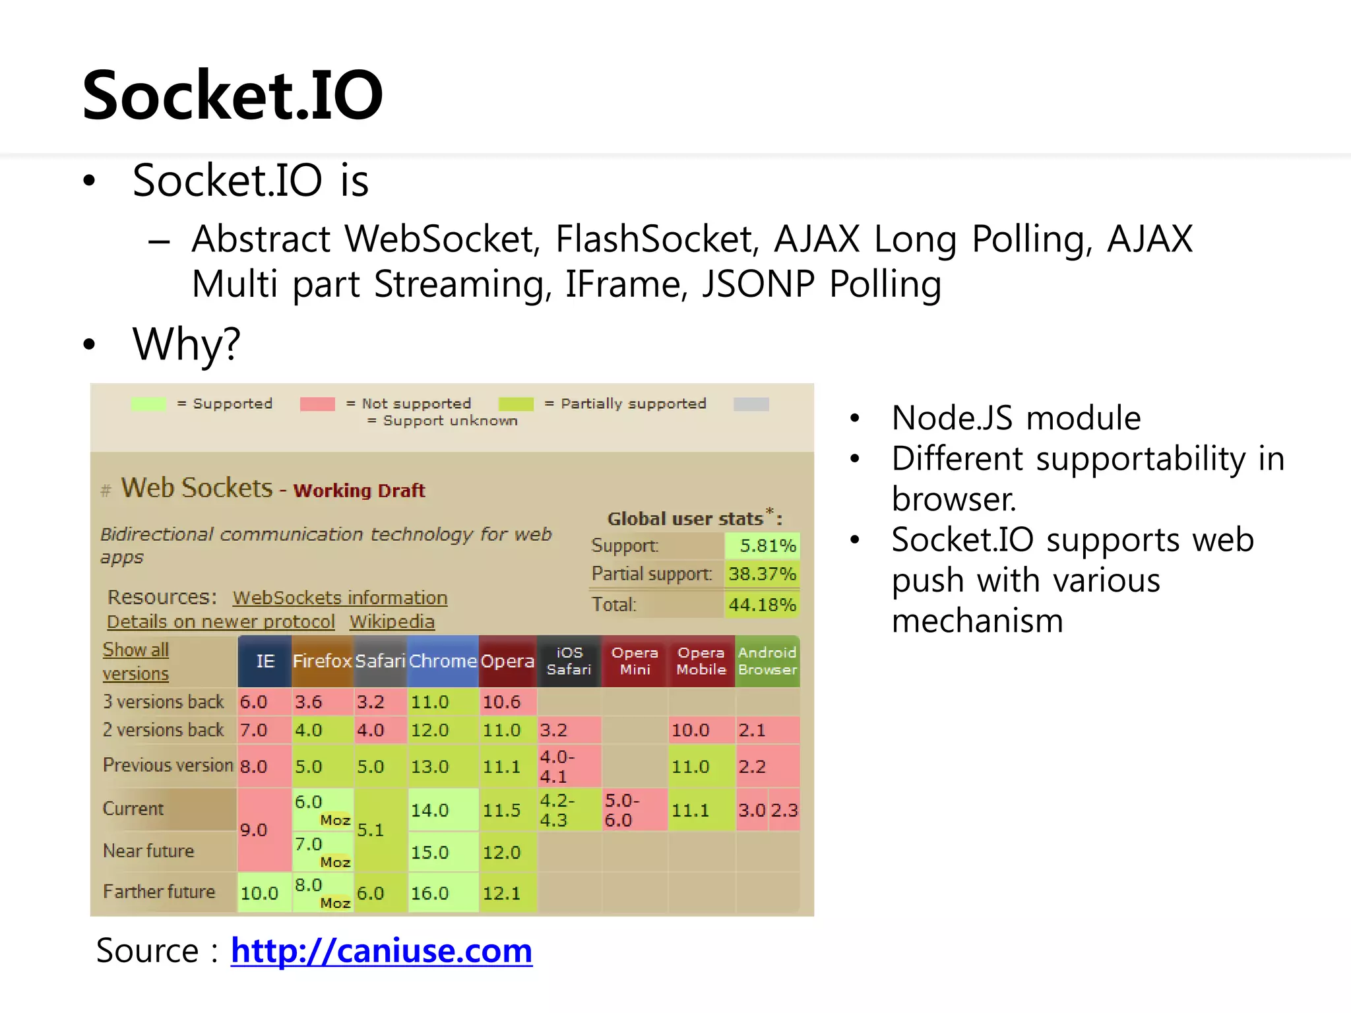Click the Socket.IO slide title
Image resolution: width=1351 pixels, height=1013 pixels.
tap(232, 96)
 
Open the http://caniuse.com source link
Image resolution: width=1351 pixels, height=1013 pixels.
tap(381, 950)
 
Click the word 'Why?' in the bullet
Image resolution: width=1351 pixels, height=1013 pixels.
tap(187, 344)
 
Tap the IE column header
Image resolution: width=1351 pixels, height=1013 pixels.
tap(265, 661)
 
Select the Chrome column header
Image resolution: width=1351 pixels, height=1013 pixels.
tap(443, 661)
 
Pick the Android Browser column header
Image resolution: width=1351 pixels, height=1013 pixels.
tap(767, 661)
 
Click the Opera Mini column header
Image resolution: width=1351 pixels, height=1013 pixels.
tap(635, 661)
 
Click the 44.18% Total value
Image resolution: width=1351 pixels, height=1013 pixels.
tap(763, 604)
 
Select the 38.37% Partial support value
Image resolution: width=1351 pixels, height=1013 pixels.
tap(763, 574)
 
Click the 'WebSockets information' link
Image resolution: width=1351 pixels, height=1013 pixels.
tap(340, 598)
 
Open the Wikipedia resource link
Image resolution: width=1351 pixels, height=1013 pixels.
tap(392, 621)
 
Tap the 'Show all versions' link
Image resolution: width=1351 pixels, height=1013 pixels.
tap(136, 661)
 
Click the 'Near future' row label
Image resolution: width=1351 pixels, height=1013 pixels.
tap(148, 851)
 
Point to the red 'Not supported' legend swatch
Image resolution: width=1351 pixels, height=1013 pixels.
tap(317, 404)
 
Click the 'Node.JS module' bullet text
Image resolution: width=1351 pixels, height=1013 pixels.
tap(1016, 417)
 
